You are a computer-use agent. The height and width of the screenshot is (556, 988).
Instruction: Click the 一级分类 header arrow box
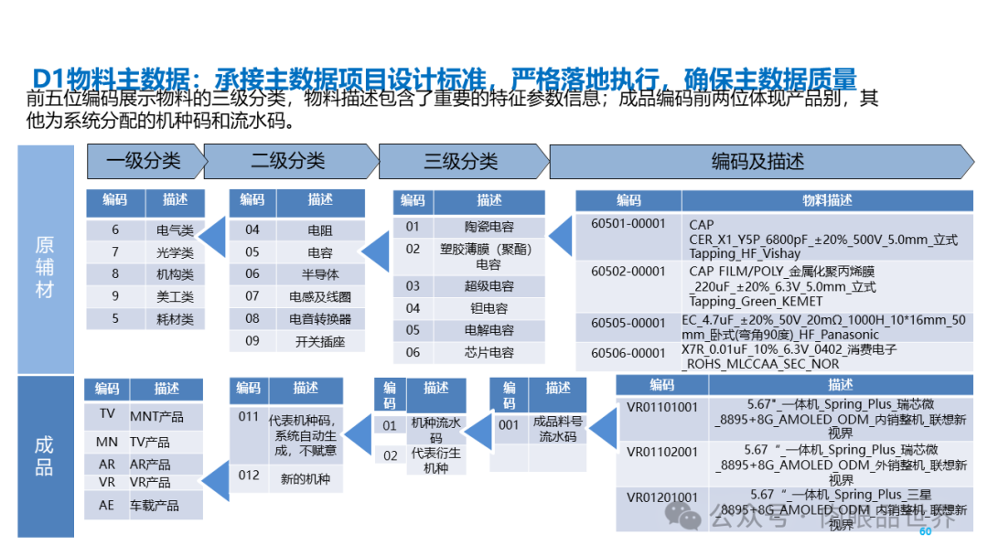[145, 162]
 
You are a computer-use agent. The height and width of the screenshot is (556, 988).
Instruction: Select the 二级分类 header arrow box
[288, 162]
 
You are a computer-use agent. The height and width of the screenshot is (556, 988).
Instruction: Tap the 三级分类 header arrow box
[461, 162]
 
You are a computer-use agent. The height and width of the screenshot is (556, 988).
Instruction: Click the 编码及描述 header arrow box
[757, 162]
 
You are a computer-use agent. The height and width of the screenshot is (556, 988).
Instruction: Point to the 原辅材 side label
[45, 267]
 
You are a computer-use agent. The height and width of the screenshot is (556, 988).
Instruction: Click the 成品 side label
[45, 456]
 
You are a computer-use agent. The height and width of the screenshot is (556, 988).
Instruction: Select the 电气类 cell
[175, 230]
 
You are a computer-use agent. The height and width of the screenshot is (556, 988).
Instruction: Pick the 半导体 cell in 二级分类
[320, 274]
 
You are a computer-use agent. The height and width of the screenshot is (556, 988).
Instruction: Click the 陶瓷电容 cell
[489, 227]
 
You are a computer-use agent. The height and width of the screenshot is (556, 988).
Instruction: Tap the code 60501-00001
[628, 224]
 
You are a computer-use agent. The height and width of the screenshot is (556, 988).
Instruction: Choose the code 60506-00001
[628, 352]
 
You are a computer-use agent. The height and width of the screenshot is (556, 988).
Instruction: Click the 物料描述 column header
[827, 200]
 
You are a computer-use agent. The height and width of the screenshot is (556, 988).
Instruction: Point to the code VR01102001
[661, 452]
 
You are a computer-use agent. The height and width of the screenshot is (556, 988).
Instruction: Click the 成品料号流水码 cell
[558, 430]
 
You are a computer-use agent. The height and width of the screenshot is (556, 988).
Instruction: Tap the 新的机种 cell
[305, 478]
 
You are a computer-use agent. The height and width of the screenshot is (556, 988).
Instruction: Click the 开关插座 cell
[321, 341]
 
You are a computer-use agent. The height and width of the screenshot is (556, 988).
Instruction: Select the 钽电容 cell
[489, 308]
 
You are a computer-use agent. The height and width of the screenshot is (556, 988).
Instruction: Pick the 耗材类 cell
[175, 319]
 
